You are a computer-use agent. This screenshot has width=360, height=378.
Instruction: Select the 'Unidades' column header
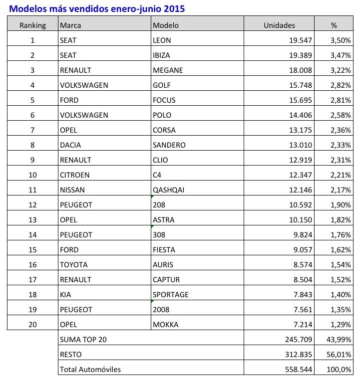point(279,25)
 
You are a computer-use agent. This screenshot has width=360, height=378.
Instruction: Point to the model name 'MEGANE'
point(168,70)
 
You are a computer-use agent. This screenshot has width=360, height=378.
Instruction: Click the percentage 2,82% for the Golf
point(341,85)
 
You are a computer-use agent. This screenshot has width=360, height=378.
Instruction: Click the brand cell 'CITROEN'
point(74,175)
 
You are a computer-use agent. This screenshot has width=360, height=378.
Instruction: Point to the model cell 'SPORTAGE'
point(171,294)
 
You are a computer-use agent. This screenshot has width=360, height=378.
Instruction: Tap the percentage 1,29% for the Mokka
point(341,324)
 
